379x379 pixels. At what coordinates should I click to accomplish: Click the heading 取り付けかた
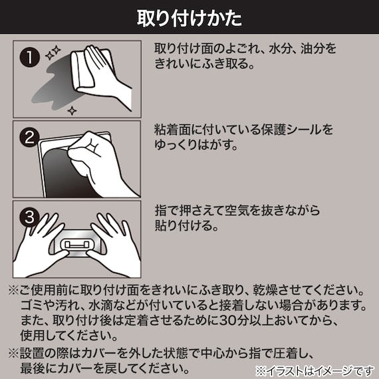[x=189, y=17]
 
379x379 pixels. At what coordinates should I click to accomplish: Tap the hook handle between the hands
[x=78, y=245]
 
